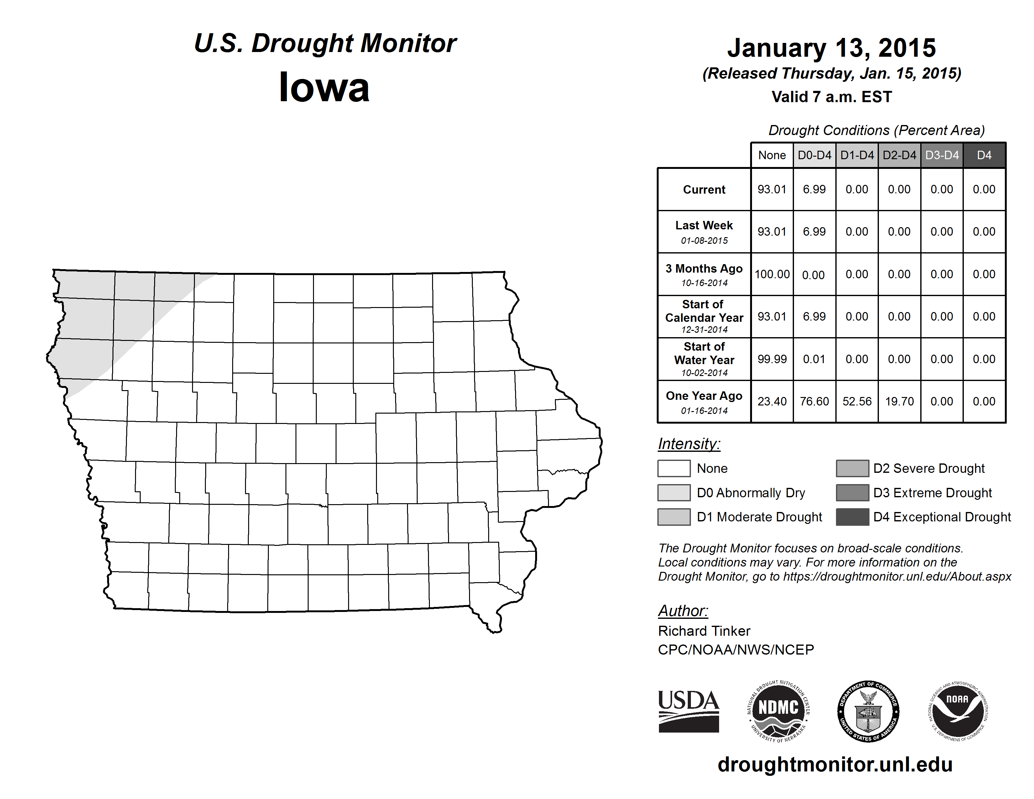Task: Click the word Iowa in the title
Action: (324, 87)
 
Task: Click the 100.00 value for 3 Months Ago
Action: (772, 274)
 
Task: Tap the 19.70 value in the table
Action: (899, 401)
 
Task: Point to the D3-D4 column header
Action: (942, 155)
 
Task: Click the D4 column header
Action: (984, 155)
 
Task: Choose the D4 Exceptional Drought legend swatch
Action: (852, 517)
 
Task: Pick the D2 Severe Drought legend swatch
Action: (852, 468)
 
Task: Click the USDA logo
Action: (688, 711)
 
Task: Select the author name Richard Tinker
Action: (704, 631)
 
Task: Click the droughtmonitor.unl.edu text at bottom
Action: (835, 765)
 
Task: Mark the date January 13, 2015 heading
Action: (831, 48)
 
